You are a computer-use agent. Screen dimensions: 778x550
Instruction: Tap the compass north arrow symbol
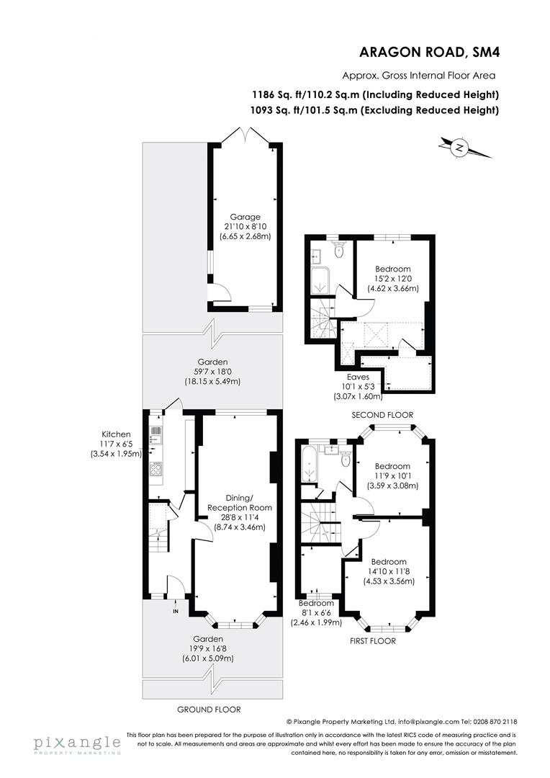459,148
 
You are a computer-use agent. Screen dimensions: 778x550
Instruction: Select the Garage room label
245,217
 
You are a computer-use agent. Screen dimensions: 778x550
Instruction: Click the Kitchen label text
116,434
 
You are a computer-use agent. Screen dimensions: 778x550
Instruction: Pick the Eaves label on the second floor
358,376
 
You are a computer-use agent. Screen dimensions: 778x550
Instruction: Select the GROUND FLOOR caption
208,709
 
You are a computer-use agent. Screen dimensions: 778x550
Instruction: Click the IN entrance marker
175,612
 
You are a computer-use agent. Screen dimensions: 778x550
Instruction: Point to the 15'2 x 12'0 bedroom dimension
392,279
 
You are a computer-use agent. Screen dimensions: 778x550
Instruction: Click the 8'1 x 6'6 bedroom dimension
317,612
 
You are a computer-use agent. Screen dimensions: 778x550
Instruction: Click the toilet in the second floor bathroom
340,251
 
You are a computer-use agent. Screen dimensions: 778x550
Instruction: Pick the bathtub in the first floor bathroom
310,465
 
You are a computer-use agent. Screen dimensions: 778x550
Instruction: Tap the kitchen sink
155,434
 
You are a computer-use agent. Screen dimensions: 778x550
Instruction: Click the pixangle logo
76,743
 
